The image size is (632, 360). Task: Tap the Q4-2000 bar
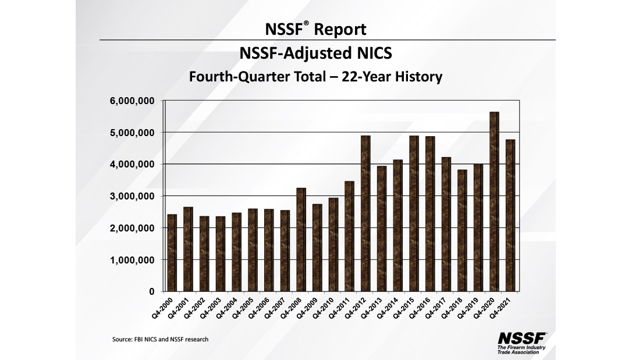pos(172,253)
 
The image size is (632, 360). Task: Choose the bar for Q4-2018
pos(462,230)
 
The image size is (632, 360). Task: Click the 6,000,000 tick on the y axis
pos(133,101)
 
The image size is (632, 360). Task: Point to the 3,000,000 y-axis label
pos(133,197)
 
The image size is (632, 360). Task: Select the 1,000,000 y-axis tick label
pos(133,260)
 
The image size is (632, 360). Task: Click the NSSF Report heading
pos(316,28)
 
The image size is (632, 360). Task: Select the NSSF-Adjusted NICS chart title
pos(316,54)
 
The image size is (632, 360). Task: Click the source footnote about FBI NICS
pos(160,339)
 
